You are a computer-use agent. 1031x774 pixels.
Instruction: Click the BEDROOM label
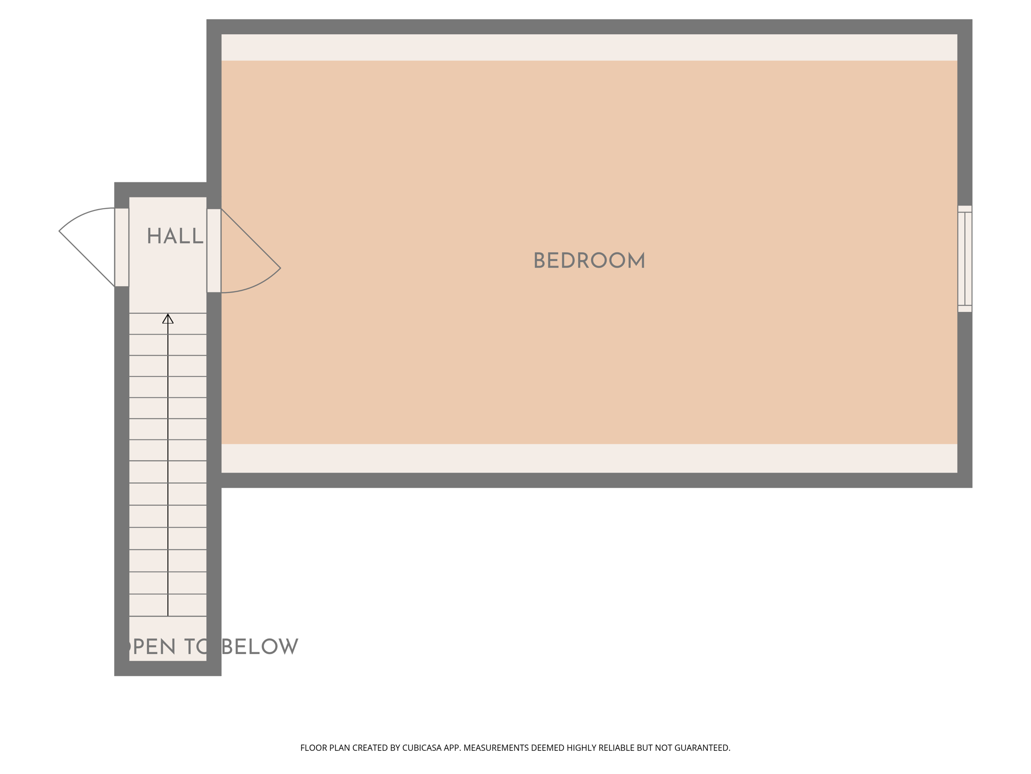[x=589, y=261]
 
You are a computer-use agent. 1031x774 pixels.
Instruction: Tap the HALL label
[x=175, y=236]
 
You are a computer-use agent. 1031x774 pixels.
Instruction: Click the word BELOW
[x=260, y=647]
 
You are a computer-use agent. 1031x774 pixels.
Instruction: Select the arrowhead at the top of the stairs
[x=168, y=319]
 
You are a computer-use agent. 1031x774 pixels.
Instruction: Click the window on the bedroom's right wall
[x=965, y=259]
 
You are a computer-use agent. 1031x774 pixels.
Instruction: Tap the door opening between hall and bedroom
[x=214, y=250]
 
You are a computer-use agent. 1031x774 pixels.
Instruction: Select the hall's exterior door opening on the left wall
[x=122, y=247]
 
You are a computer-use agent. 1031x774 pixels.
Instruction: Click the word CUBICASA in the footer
[x=421, y=748]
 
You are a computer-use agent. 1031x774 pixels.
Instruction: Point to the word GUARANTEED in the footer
[x=702, y=748]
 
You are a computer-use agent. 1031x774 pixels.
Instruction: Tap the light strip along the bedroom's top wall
[x=589, y=47]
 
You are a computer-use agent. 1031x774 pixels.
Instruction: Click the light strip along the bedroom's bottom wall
[x=589, y=458]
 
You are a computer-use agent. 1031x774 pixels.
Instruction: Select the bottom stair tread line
[x=168, y=616]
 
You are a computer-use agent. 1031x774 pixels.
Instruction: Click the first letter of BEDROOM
[x=538, y=261]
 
